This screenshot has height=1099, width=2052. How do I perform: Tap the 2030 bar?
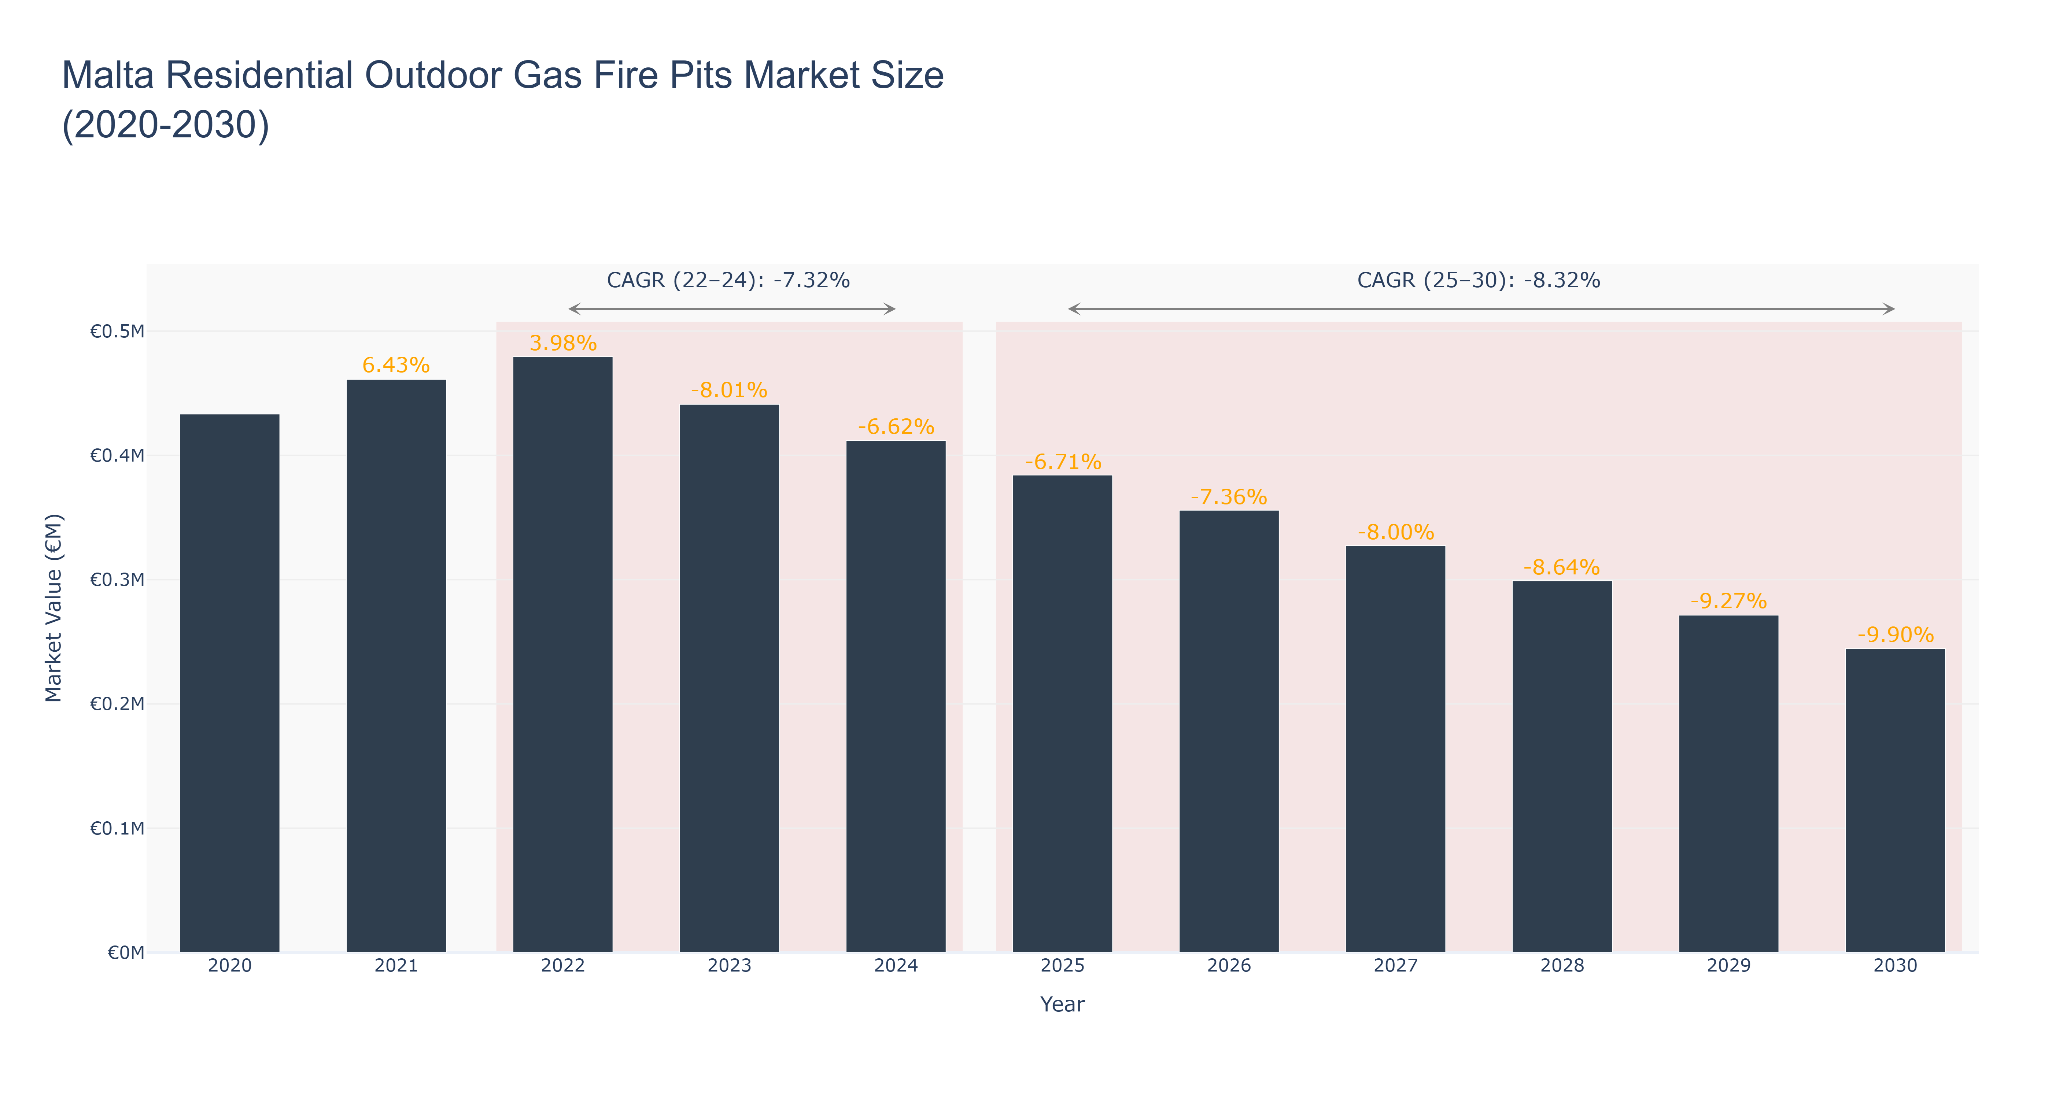pyautogui.click(x=1895, y=800)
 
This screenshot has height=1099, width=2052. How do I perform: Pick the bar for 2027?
pyautogui.click(x=1396, y=748)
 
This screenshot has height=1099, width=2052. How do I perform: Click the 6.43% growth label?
pyautogui.click(x=396, y=365)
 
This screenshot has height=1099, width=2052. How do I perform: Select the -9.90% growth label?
pyautogui.click(x=1895, y=635)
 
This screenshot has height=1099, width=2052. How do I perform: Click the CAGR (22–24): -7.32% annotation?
pyautogui.click(x=728, y=280)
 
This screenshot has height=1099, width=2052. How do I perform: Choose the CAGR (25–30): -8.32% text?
pyautogui.click(x=1479, y=280)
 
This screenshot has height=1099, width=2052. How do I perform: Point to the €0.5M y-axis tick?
pyautogui.click(x=117, y=331)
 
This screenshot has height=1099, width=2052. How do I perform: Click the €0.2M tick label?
pyautogui.click(x=117, y=704)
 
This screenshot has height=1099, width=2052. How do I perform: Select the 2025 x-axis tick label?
pyautogui.click(x=1063, y=966)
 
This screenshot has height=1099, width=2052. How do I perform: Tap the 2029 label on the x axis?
pyautogui.click(x=1728, y=966)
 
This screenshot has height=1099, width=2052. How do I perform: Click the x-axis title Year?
pyautogui.click(x=1063, y=1004)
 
